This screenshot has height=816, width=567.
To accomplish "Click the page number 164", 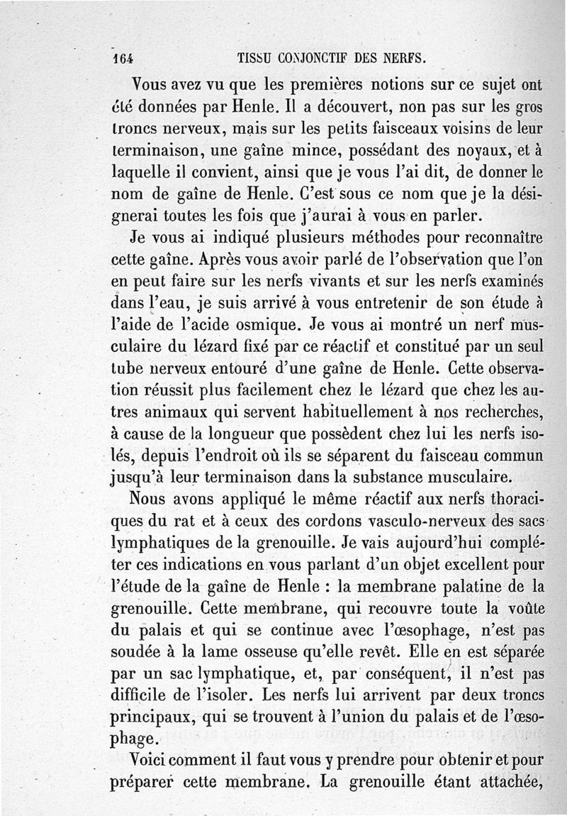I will pyautogui.click(x=124, y=57).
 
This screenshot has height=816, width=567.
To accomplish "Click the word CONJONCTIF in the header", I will pyautogui.click(x=311, y=57).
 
